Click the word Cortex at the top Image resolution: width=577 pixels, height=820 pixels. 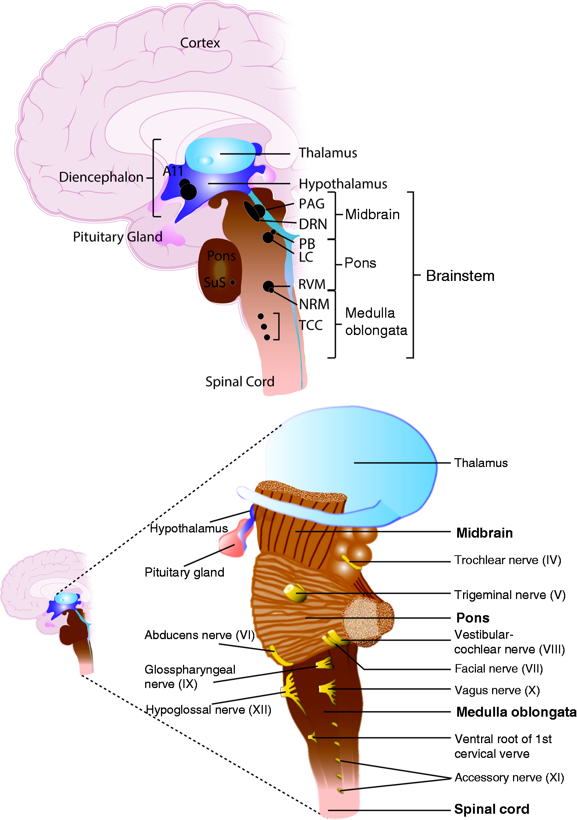200,43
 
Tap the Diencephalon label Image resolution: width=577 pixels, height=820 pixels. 101,177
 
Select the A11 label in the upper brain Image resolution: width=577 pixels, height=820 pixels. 173,171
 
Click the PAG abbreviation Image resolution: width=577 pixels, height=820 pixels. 312,204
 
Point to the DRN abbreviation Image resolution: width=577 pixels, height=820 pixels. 313,224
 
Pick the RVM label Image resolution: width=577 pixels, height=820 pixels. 312,284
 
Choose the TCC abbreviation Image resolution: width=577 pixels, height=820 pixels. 311,325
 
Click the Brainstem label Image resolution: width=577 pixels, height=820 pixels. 460,276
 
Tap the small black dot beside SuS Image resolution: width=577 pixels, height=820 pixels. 233,282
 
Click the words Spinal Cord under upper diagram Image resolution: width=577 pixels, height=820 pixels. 240,382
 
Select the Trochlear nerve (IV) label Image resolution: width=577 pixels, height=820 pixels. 508,560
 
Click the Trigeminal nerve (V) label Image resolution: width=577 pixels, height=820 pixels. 510,595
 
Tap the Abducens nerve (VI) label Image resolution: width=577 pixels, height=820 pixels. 200,635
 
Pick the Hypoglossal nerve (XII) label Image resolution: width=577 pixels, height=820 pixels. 208,709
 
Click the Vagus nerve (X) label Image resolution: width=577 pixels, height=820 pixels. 497,690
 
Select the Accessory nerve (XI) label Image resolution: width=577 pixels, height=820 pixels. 509,777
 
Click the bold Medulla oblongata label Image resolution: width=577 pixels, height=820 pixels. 516,712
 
